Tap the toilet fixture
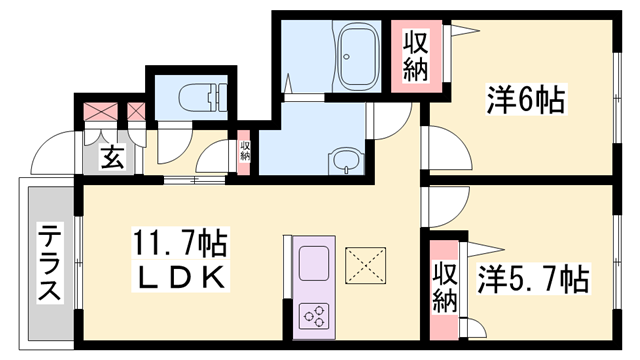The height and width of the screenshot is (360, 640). pyautogui.click(x=198, y=97)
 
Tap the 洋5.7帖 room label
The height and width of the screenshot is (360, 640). pyautogui.click(x=531, y=276)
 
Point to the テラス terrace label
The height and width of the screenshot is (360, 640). pyautogui.click(x=49, y=263)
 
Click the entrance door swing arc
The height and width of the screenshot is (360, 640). pyautogui.click(x=55, y=150)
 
